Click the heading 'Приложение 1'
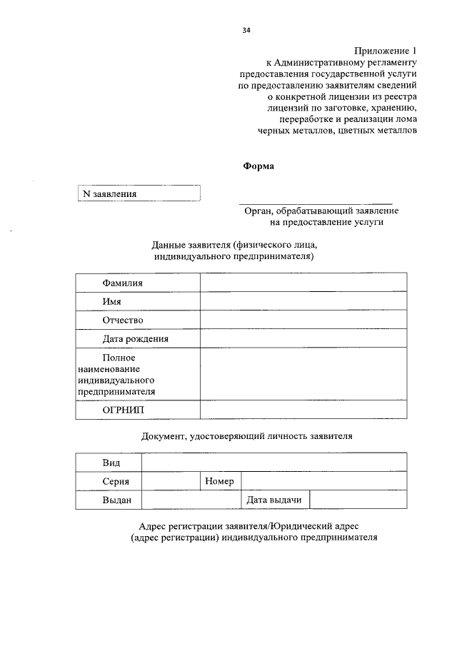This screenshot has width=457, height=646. point(384,51)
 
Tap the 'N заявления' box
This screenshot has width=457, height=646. point(139,193)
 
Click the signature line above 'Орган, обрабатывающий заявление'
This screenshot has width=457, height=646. point(315,204)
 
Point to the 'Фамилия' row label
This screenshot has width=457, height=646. point(122,283)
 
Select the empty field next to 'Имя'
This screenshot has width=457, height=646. point(303,301)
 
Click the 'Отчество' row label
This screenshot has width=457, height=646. point(123,320)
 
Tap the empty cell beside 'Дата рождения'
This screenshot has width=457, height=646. point(303,338)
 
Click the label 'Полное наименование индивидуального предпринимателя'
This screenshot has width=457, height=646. point(118,374)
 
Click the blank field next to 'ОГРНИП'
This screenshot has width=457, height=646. point(303,410)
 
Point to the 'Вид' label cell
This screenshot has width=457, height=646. point(111,463)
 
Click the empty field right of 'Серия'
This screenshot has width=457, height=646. point(171,482)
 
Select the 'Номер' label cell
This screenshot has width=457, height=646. point(220,482)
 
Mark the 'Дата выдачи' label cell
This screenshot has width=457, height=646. point(274,500)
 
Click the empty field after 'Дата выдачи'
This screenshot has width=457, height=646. point(358,500)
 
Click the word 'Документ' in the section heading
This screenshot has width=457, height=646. point(161,435)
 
